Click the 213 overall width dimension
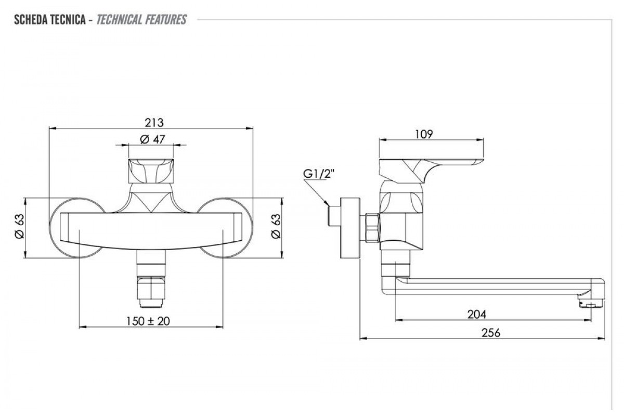pos(154,123)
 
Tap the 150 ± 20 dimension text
pos(148,321)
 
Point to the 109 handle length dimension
pos(424,134)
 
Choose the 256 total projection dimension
pos(490,333)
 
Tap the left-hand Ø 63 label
pos(19,227)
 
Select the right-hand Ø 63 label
pos(276,227)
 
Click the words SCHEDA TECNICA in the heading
pos(49,20)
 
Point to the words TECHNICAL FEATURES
pos(141,20)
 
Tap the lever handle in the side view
pos(432,166)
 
